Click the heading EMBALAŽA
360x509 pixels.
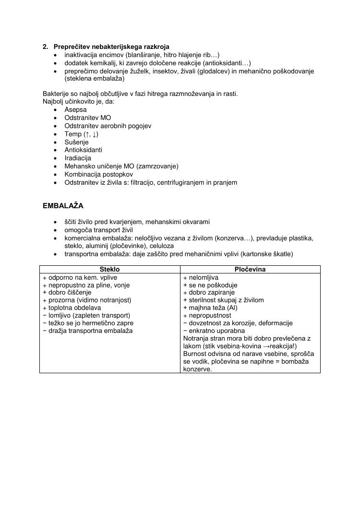(63, 206)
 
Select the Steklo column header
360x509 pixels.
(109, 270)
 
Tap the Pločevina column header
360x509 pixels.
(250, 270)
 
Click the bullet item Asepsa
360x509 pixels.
(75, 109)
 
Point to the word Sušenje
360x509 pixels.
(76, 142)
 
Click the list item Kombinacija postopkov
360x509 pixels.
(98, 174)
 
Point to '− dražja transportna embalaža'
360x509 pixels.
(87, 331)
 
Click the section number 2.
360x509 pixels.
(45, 47)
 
